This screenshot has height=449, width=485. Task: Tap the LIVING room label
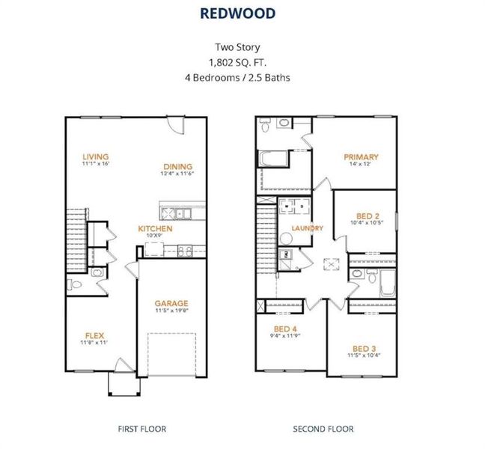[x=95, y=156]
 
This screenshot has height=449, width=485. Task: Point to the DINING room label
[x=177, y=166]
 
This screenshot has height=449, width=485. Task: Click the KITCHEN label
[x=155, y=228]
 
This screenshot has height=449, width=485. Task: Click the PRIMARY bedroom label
[x=361, y=157]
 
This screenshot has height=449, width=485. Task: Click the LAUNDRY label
[x=308, y=228]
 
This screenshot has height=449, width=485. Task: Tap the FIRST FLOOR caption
[x=141, y=429]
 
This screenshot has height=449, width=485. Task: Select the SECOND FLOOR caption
[x=323, y=429]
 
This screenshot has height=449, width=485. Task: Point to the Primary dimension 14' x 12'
[x=361, y=165]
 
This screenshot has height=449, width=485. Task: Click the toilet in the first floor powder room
[x=73, y=285]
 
